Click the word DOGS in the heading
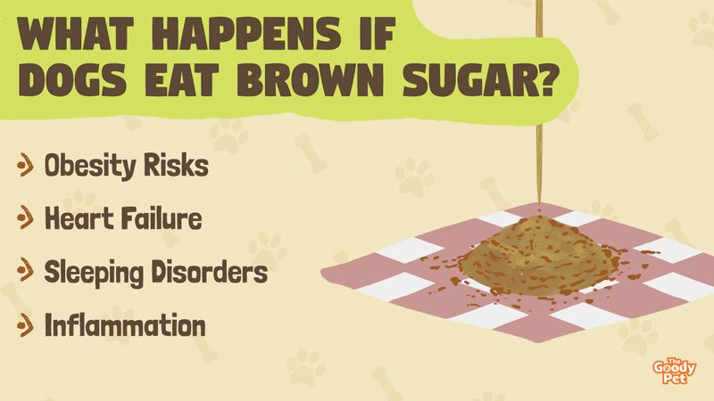coord(72,79)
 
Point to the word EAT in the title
coord(182,79)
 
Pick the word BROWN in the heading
coord(311,79)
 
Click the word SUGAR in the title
coord(470,79)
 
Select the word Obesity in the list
coord(90,166)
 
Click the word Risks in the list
coord(176,165)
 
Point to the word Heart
coord(79,218)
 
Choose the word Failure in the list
coord(162,218)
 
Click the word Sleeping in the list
coord(94,273)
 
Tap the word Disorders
coord(210,272)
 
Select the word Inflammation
coord(125,325)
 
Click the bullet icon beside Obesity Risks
coord(25,165)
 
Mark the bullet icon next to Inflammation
coord(25,325)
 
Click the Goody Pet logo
coord(675,371)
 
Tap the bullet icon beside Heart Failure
coord(25,218)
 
